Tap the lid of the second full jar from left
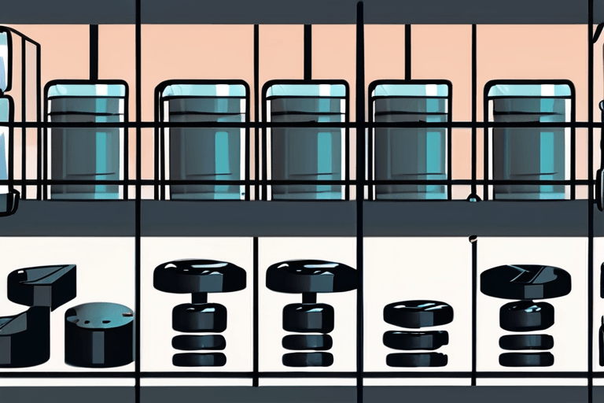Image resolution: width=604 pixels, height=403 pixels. point(202,90)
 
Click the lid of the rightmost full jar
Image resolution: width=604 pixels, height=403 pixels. point(529,90)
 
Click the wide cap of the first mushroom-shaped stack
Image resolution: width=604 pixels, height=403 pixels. point(200,276)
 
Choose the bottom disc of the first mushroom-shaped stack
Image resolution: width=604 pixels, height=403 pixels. point(200,359)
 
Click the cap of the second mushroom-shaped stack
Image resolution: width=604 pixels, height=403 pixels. point(311,276)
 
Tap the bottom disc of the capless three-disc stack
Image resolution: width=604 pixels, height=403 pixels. point(417,359)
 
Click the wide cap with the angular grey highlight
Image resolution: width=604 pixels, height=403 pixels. point(525,281)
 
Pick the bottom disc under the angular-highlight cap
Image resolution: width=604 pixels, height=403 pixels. point(525,359)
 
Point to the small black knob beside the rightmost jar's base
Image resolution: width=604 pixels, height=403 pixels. point(473,196)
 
